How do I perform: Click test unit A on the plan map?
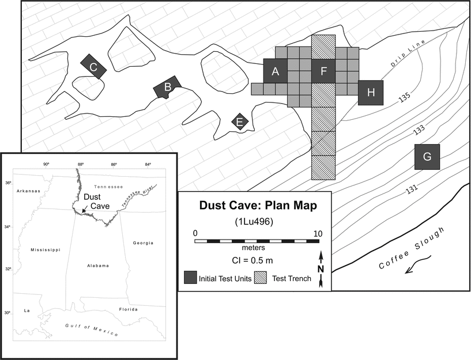tap(276, 71)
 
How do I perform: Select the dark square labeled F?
tap(323, 71)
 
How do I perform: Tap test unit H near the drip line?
tap(370, 92)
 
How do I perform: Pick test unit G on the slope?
tap(427, 157)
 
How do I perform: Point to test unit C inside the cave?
tap(93, 67)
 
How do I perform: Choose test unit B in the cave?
tap(167, 88)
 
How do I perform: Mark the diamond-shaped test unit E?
tap(240, 122)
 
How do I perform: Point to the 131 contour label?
tap(412, 190)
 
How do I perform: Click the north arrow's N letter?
tap(320, 269)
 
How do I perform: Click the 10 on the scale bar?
tap(318, 233)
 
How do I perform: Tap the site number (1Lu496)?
tap(254, 220)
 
